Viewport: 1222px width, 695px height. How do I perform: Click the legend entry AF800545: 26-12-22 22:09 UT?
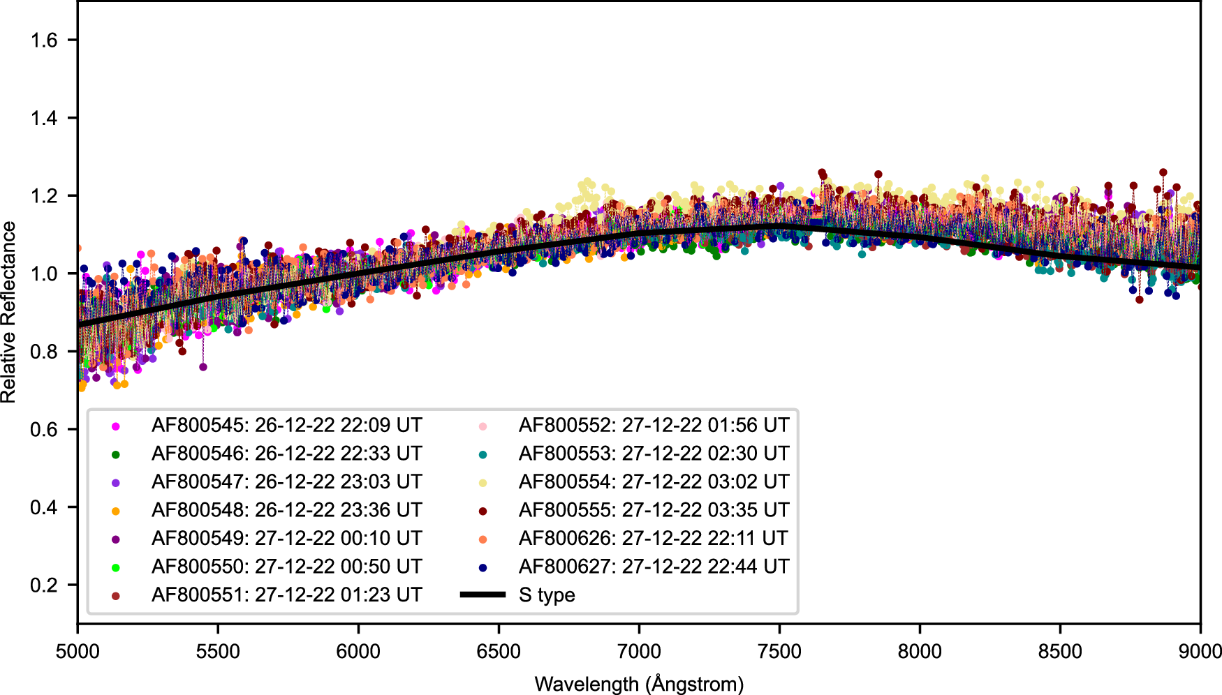pos(286,426)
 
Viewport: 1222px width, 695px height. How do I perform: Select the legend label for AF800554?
pos(654,482)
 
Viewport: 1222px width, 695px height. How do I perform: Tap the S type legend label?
pos(547,595)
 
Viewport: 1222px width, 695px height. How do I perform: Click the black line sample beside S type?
pos(483,595)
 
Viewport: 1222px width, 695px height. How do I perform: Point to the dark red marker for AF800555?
pos(483,511)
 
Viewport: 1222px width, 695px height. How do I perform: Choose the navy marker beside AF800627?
pos(483,567)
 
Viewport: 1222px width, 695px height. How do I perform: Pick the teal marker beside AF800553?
pos(483,454)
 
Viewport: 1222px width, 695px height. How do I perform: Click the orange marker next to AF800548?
pos(116,511)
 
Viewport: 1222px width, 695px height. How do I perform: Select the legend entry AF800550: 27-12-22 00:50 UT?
pos(286,567)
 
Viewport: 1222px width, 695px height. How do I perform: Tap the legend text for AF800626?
pos(654,539)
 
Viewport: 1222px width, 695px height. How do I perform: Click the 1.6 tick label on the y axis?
pos(44,40)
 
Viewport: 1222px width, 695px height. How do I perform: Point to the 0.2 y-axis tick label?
pos(44,585)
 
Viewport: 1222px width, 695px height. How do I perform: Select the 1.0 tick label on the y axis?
pos(44,274)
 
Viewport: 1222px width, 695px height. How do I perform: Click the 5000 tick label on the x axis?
pos(78,652)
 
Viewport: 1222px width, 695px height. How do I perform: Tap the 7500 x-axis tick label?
pos(779,652)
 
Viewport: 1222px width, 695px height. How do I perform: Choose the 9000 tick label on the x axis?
pos(1200,652)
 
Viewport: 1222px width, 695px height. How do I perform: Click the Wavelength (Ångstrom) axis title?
pos(639,684)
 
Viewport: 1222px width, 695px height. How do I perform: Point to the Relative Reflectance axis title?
pos(9,312)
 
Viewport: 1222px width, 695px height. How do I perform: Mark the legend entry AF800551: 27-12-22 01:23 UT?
pos(286,595)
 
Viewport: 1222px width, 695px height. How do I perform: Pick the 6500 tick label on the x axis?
pos(499,652)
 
